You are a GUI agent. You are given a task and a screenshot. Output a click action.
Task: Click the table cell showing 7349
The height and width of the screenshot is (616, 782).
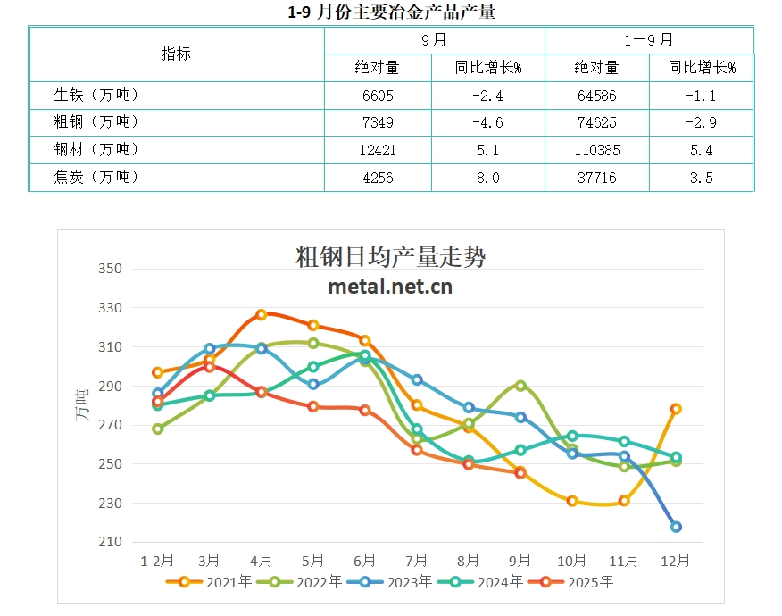[x=378, y=122]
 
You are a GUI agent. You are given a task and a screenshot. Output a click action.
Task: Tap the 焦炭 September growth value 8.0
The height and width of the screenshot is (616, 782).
[x=487, y=178]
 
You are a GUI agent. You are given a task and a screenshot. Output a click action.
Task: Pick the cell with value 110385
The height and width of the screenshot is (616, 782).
[x=597, y=150]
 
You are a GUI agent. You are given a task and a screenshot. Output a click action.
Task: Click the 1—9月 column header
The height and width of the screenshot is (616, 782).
[x=649, y=40]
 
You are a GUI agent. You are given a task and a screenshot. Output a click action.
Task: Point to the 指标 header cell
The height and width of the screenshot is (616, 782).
[x=176, y=53]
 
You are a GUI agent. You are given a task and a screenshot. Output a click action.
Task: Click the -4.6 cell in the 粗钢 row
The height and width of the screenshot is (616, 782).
[x=487, y=122]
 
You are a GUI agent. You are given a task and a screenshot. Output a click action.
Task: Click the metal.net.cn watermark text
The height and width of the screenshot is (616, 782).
[x=390, y=287]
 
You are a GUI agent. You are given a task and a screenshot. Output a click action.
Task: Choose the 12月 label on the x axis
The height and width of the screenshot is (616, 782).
[x=676, y=561]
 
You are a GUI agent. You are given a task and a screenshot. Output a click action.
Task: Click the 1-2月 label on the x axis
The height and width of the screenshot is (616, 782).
[x=158, y=561]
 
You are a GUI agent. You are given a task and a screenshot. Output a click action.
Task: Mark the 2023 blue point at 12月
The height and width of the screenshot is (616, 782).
[x=676, y=527]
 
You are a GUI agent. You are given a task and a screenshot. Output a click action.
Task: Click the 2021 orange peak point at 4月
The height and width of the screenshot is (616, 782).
[x=262, y=314]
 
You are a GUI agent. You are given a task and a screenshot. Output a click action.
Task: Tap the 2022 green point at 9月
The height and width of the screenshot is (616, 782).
[x=520, y=386]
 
